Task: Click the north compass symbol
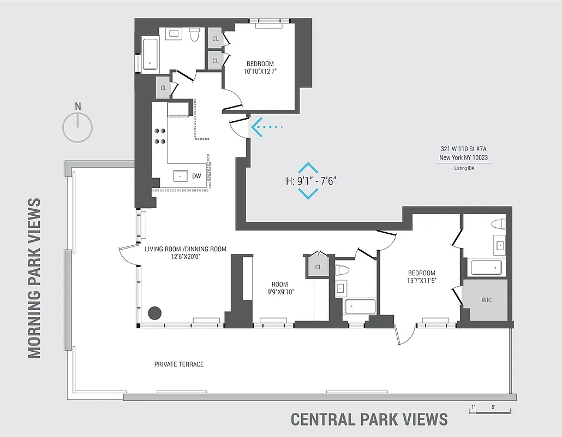[77, 128]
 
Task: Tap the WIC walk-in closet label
[486, 300]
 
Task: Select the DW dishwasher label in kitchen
[196, 176]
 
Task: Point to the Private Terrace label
[179, 364]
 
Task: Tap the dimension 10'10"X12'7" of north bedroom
[260, 71]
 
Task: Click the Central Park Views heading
[369, 419]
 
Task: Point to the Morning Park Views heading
[34, 278]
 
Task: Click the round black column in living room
[155, 313]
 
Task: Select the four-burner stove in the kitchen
[160, 135]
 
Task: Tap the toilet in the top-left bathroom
[193, 36]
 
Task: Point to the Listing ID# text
[464, 168]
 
